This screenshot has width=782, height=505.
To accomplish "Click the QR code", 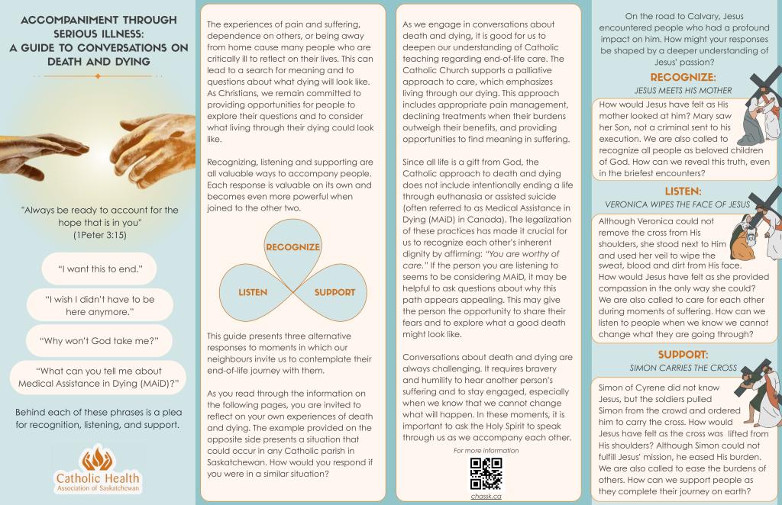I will coord(486,474).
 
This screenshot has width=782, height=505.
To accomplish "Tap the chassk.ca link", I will coord(486,496).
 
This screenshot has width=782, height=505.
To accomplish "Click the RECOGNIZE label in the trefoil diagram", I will coord(292,247).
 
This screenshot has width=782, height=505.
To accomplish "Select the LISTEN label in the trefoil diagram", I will coord(253,292).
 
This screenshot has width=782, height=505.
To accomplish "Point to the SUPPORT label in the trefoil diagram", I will coord(334,292).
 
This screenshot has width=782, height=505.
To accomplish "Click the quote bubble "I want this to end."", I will coord(97,269).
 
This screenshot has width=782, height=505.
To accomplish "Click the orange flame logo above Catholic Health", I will coord(98,457).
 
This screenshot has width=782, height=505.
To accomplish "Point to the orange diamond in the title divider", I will coord(97,76).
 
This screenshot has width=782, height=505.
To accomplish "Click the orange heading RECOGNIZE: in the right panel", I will coord(683,78).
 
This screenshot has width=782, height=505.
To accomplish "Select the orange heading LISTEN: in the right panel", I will coord(683,191).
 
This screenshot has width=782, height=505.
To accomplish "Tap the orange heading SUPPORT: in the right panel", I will coord(683,355).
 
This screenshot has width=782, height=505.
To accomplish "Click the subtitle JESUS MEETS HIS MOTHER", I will coord(683,90).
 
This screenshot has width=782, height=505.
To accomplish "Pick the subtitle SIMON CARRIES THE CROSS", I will coord(683,368).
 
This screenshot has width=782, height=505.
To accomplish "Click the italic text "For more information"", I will coord(486,451).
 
